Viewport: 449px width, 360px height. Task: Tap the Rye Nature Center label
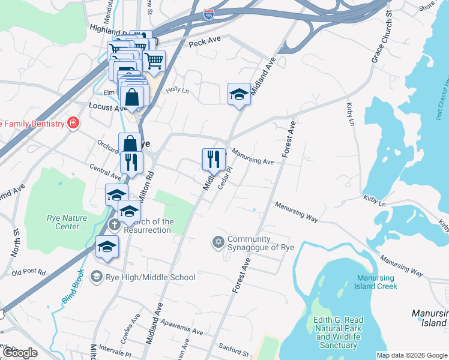point(67,222)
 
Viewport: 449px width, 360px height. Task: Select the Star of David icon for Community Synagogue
point(218,242)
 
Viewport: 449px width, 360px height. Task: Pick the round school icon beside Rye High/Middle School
point(96,277)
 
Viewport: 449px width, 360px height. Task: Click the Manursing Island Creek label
point(376,282)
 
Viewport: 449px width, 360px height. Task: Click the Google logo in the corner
point(20,353)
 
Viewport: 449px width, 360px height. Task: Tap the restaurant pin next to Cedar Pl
point(213,160)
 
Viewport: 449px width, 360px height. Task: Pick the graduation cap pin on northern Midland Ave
point(239,94)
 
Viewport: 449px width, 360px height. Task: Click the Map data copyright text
point(411,355)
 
